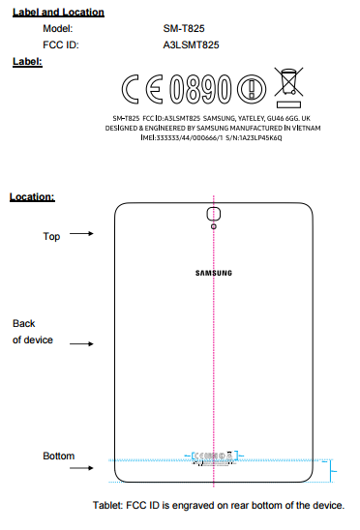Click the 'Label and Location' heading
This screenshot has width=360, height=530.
coord(56,12)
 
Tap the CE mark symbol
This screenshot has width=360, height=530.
coord(143,90)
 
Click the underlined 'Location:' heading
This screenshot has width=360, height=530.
coord(32,196)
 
